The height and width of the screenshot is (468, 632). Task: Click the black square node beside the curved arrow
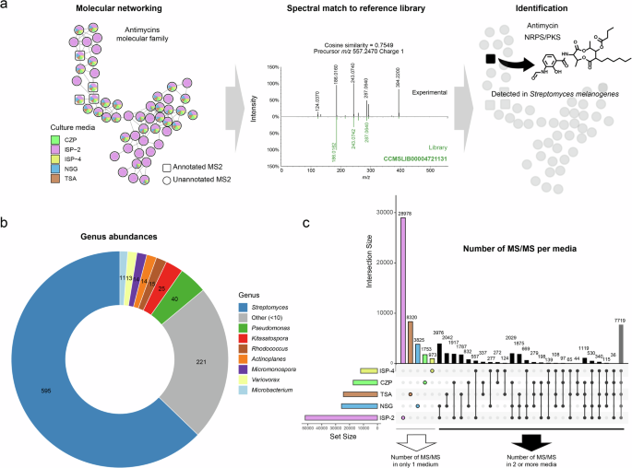pyautogui.click(x=489, y=59)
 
